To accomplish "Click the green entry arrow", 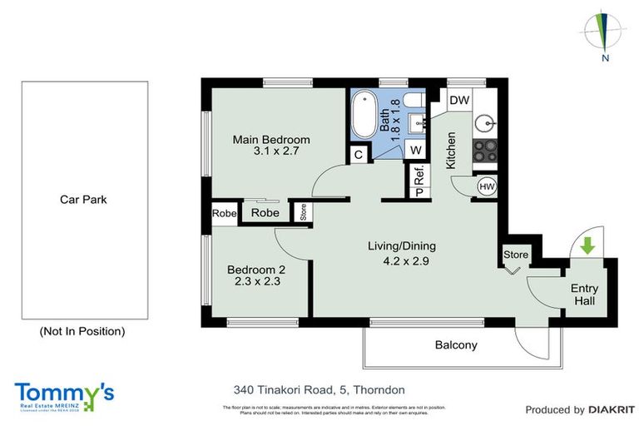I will pos(587,246).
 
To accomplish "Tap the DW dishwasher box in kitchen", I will pos(459,101).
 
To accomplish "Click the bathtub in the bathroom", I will pos(364,116).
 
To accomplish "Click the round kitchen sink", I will pos(485,125).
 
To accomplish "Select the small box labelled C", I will pos(358,154).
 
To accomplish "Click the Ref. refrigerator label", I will pos(419,176).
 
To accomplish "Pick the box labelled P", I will pos(419,193).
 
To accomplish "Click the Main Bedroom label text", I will pos(270,139).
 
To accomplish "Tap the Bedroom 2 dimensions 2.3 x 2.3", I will pos(257,281).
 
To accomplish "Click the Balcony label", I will pos(456,344).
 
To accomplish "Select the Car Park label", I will pos(83,200).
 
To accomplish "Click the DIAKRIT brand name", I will pos(612,409).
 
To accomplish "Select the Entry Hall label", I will pos(583,295).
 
